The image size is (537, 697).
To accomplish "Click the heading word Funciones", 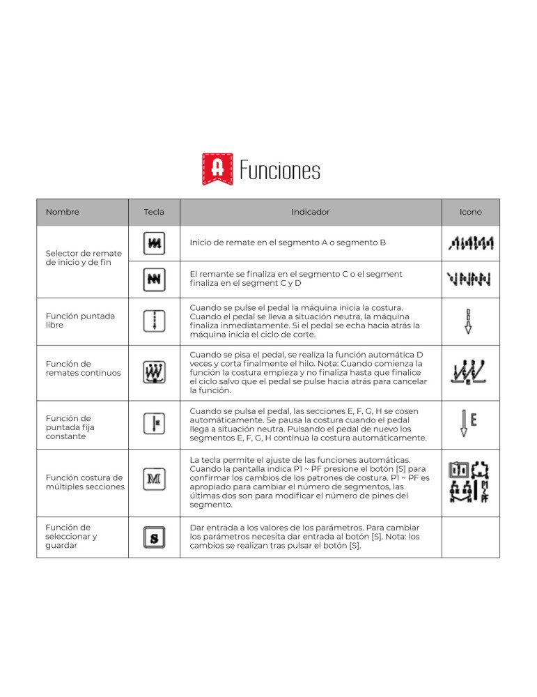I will coord(280,171).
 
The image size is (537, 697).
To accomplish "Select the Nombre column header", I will coord(62,212).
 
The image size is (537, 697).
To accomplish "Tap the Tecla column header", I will coord(154,212).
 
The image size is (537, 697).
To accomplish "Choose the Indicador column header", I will coord(311,212).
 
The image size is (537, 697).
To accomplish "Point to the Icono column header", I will coord(470,212).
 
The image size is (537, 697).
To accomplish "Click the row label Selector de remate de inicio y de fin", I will coord(83,257).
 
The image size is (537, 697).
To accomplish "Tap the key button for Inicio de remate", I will coord(154,243).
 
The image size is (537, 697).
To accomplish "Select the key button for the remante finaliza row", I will coord(154,279).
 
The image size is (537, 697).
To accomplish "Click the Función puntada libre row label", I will coord(80,321).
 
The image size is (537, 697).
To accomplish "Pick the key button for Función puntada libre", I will coord(154,321).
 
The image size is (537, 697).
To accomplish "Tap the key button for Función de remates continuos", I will coord(154,372).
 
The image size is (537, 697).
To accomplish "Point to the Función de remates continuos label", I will coord(81,368).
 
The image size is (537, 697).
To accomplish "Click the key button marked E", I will coord(154,423).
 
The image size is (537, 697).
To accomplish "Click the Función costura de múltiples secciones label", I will coord(84,482).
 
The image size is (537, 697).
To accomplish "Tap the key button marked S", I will coord(154,538).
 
